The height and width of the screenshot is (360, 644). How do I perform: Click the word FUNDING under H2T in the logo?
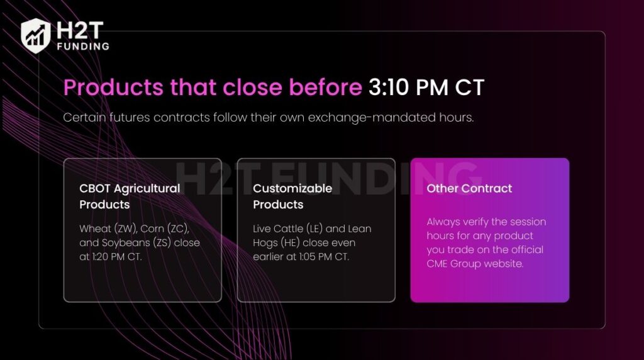pyautogui.click(x=82, y=46)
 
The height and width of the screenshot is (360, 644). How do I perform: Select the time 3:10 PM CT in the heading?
pyautogui.click(x=426, y=87)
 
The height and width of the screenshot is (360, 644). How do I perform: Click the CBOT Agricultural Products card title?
pyautogui.click(x=130, y=196)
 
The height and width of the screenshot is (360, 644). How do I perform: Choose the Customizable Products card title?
pyautogui.click(x=292, y=196)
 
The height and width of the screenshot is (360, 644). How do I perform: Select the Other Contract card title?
pyautogui.click(x=469, y=188)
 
